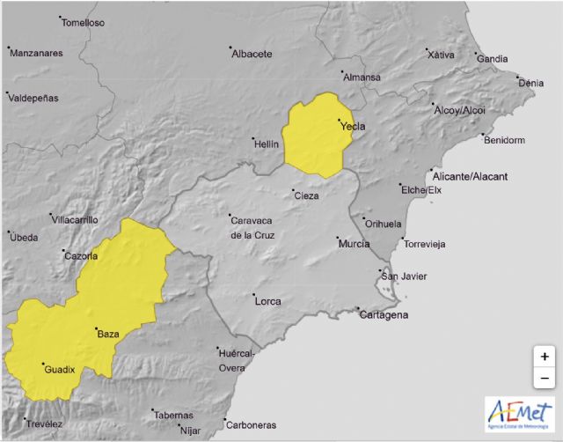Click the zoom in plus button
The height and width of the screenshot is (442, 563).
click(x=545, y=357)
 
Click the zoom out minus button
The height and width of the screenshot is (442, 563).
click(x=545, y=379)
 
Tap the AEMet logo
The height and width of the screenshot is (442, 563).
click(x=519, y=415)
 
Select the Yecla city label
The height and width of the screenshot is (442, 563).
click(x=352, y=126)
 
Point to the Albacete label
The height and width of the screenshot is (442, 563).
click(x=252, y=54)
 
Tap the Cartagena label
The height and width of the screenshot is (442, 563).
click(x=384, y=315)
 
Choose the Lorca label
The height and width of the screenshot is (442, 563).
click(x=267, y=301)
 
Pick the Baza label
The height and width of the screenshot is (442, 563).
click(x=107, y=334)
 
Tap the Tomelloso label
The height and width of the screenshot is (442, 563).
click(x=84, y=22)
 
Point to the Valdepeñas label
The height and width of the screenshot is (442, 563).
click(x=33, y=98)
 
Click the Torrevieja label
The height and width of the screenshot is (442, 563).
click(x=426, y=243)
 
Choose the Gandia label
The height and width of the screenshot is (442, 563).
click(x=493, y=59)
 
